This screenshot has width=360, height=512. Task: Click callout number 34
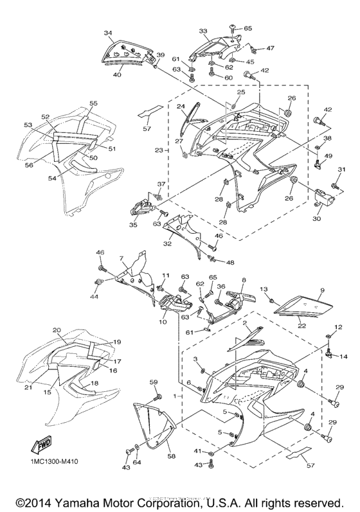[x=108, y=33]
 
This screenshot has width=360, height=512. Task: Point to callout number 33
[x=203, y=31]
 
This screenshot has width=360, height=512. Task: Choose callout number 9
[x=323, y=290]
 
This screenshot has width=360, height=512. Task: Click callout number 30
[x=316, y=218]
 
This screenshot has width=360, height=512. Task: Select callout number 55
[x=93, y=103]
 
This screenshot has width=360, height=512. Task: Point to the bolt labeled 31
[x=335, y=186]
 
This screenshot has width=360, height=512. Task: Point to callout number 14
[x=343, y=356]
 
